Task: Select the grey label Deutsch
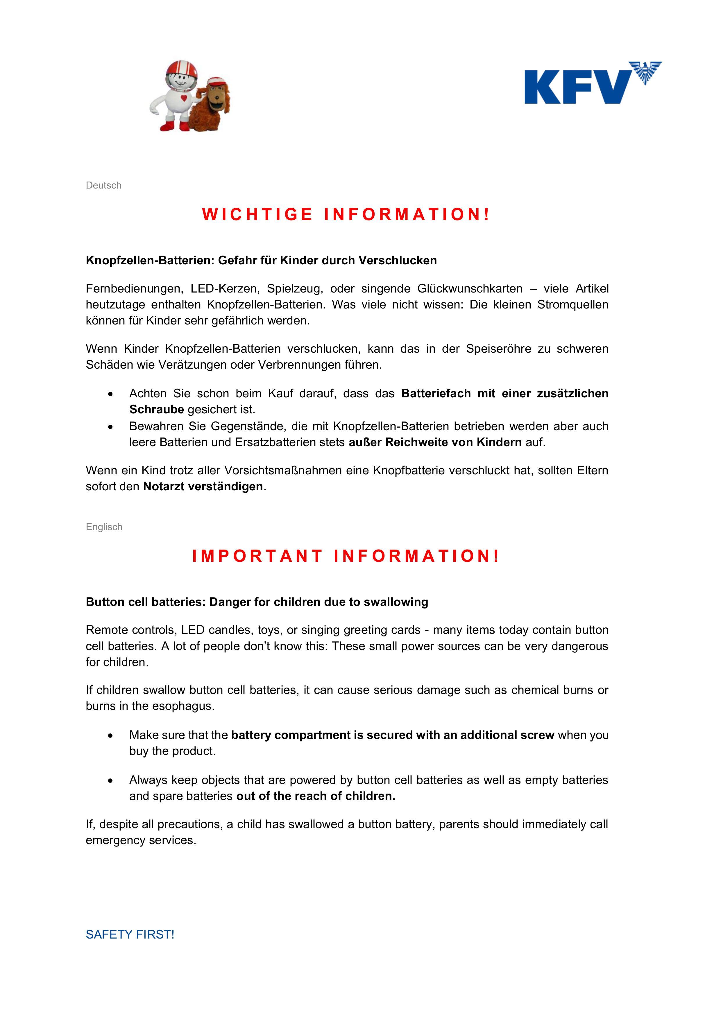click(x=103, y=186)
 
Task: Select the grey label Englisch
click(x=104, y=527)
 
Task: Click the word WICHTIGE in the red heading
click(x=257, y=214)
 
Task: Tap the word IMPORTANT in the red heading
click(x=257, y=556)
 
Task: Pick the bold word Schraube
click(x=156, y=409)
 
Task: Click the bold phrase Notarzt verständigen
click(x=203, y=487)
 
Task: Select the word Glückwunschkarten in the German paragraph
click(x=470, y=289)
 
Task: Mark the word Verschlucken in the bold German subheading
click(x=398, y=261)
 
